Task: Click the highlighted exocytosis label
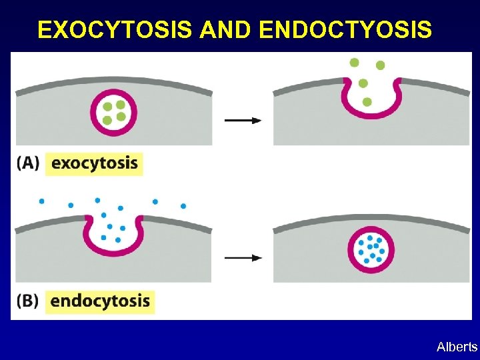point(94,163)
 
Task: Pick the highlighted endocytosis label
point(100,301)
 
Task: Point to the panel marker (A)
point(28,163)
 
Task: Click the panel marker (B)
point(28,301)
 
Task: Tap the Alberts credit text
point(457,347)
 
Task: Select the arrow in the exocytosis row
point(243,120)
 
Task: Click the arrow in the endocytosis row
point(243,257)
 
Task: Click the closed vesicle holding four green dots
point(114,112)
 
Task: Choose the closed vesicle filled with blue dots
point(371,251)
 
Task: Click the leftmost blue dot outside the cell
point(41,201)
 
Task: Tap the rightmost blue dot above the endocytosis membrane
point(183,206)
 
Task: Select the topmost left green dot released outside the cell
point(354,62)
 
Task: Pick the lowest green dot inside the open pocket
point(367,101)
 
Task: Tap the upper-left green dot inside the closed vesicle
point(108,106)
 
